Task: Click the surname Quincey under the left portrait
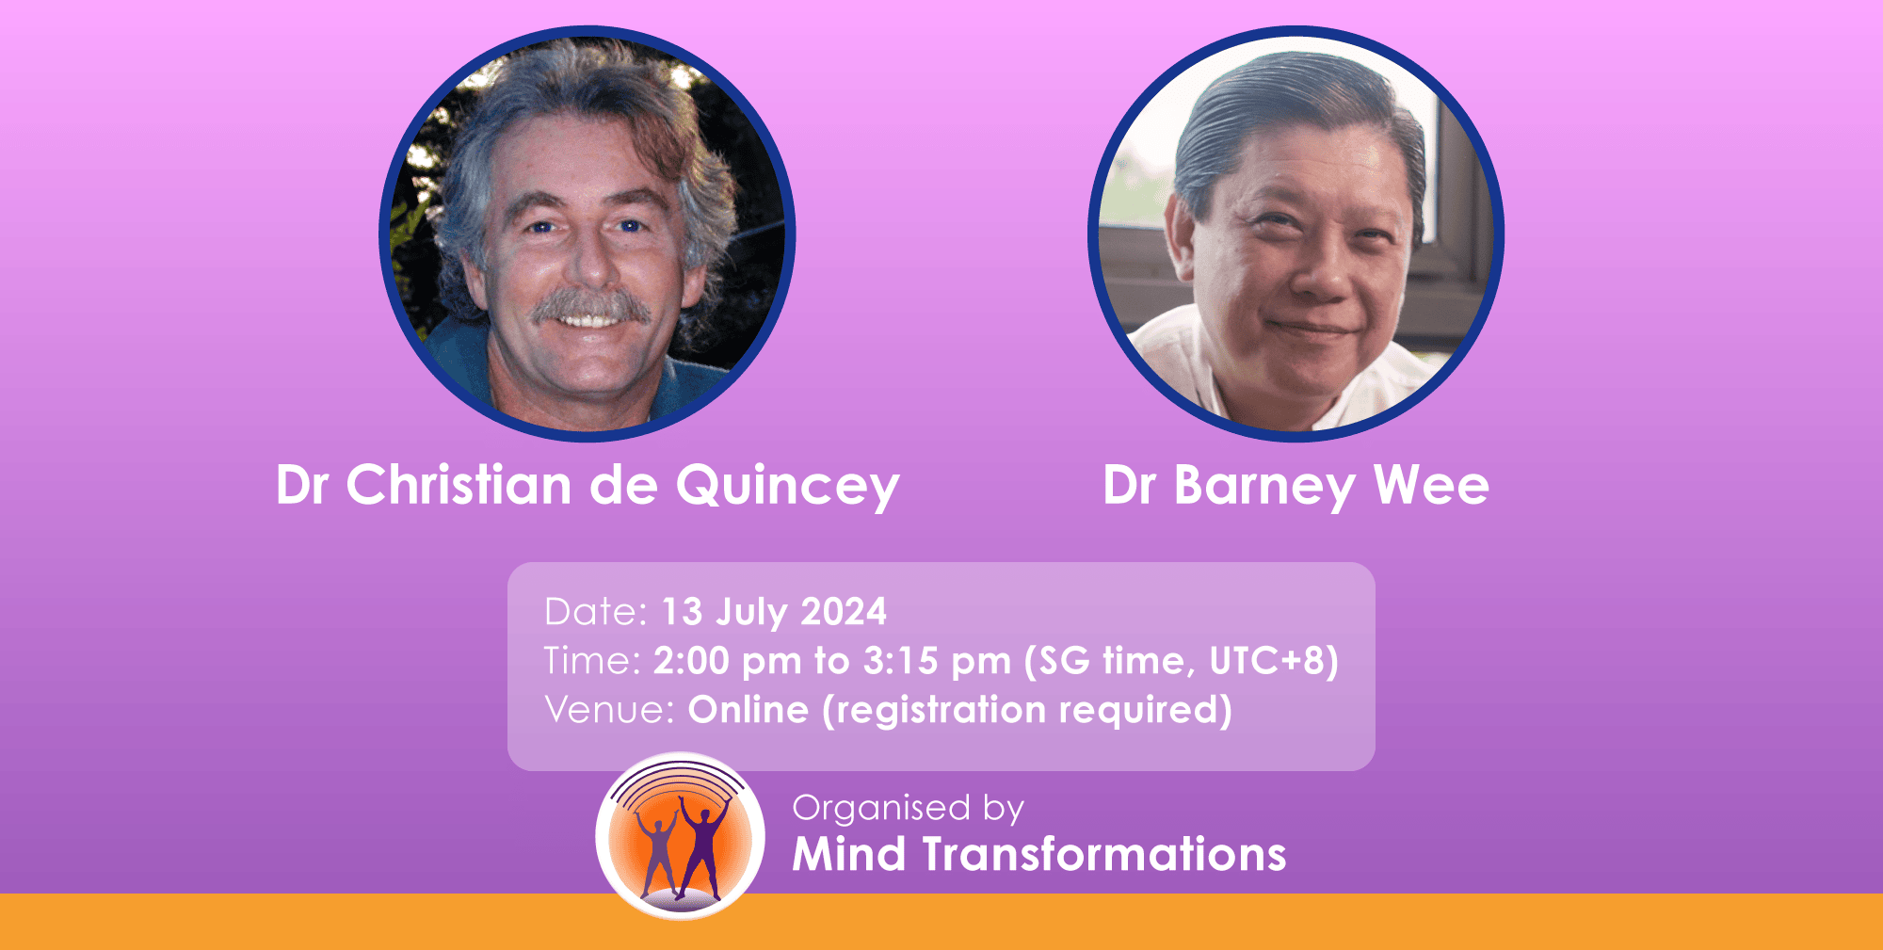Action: (x=787, y=487)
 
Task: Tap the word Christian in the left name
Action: (x=459, y=485)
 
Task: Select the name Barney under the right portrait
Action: (x=1264, y=487)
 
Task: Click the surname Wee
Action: (x=1431, y=485)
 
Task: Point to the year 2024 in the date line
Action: (x=844, y=612)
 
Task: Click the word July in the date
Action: (x=751, y=613)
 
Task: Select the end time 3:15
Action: (x=900, y=661)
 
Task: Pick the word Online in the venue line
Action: (x=748, y=710)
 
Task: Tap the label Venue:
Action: (x=609, y=710)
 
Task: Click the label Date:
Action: (x=596, y=612)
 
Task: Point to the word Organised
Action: (x=881, y=809)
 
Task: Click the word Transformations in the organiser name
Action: (x=1104, y=855)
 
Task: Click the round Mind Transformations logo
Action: (x=680, y=836)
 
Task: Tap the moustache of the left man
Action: (x=590, y=306)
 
